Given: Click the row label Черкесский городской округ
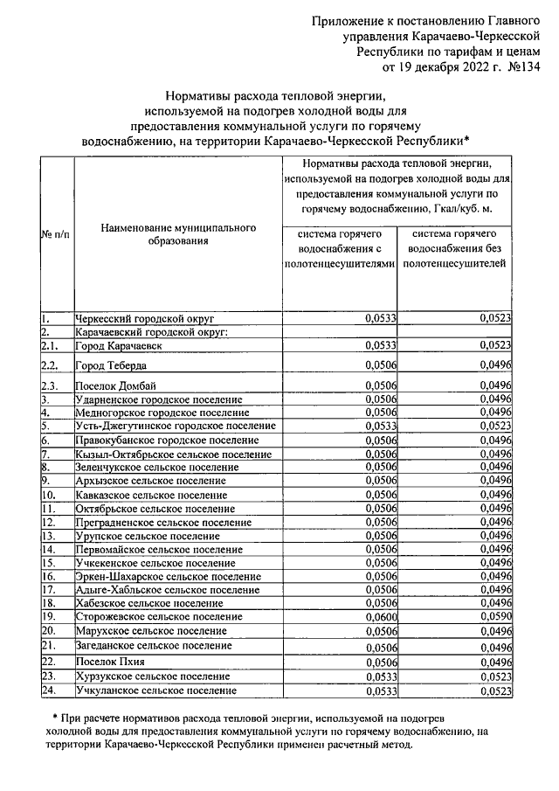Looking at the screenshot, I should (145, 319).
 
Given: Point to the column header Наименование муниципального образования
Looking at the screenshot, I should (178, 233).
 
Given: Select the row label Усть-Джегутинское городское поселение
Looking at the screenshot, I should (176, 426).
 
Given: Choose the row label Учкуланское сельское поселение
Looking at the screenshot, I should (156, 690).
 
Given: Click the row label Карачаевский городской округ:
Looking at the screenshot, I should (151, 332).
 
